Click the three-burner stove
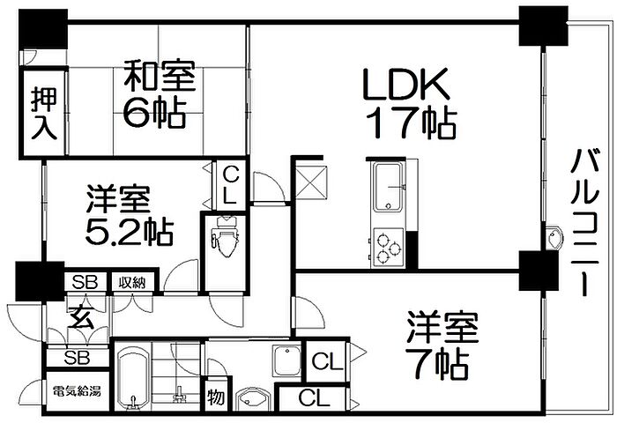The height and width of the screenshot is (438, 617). [388, 247]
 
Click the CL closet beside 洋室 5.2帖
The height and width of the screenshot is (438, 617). [229, 184]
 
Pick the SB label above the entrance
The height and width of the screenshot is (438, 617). [85, 283]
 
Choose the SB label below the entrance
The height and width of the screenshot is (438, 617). [77, 358]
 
